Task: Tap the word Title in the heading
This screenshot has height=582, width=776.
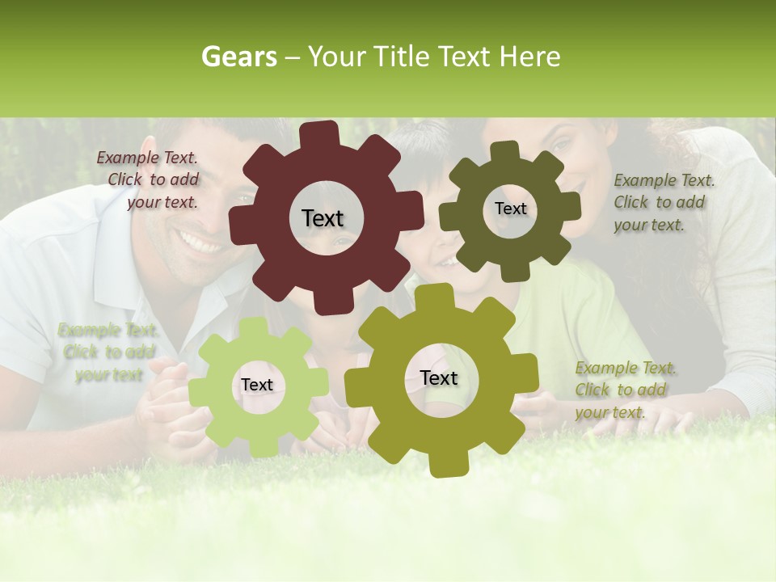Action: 403,57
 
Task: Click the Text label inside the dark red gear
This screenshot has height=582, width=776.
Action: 323,218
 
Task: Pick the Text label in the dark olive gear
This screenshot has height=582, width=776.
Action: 510,209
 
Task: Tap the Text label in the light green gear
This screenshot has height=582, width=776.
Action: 257,385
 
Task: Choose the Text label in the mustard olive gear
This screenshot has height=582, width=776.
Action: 439,377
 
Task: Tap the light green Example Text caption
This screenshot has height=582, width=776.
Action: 108,352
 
